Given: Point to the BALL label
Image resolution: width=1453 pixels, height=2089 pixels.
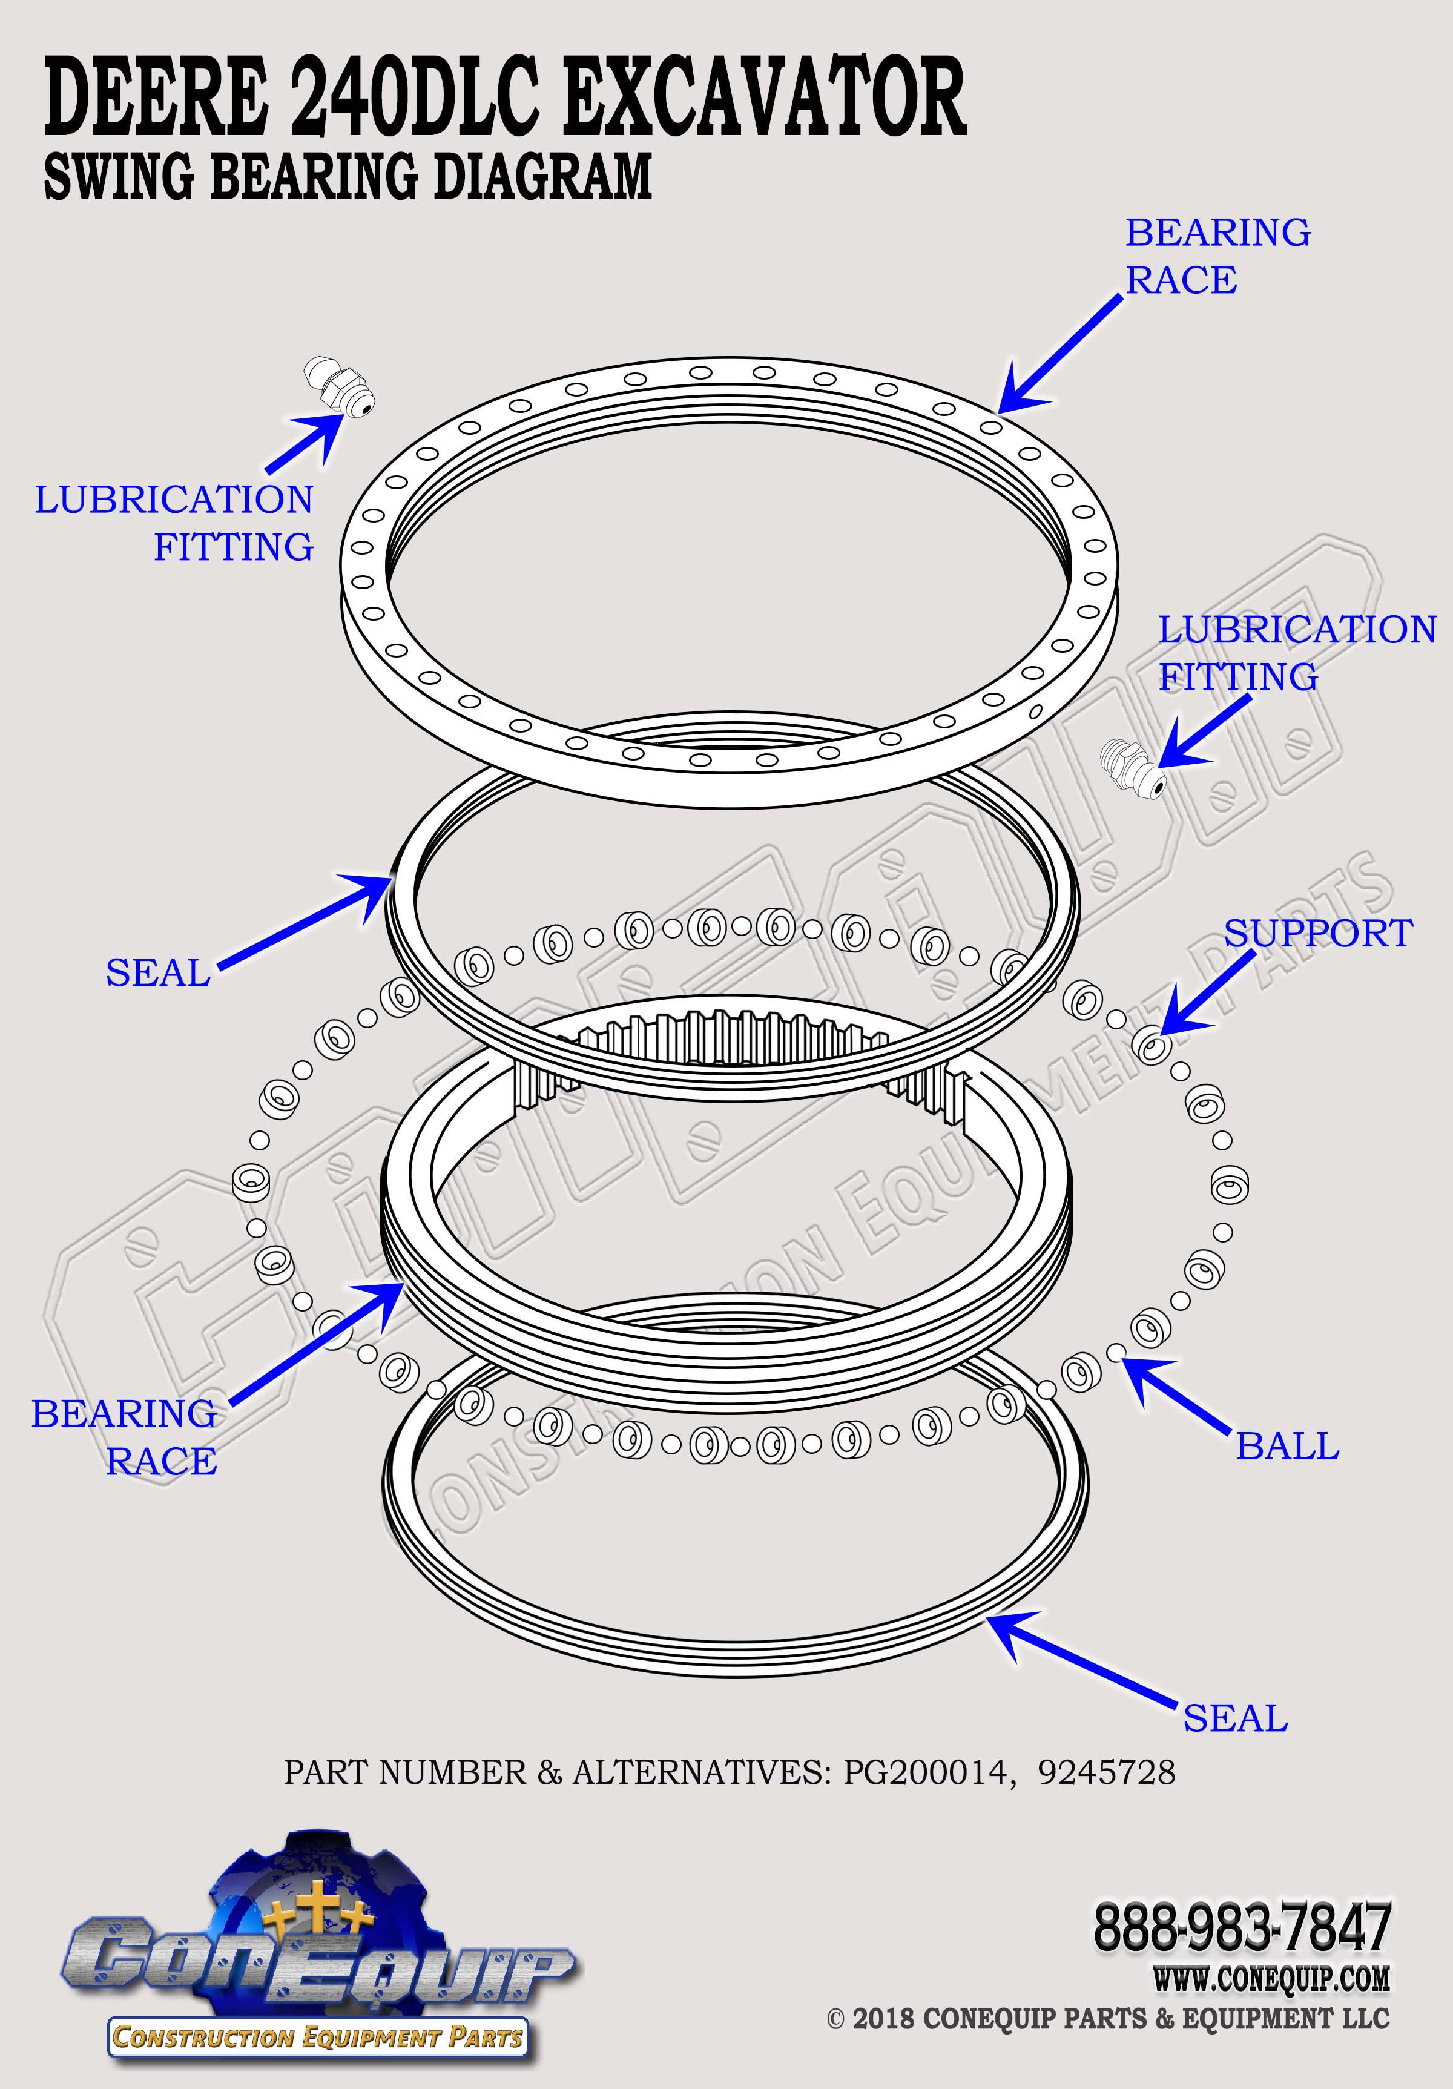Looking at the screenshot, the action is click(x=1287, y=1446).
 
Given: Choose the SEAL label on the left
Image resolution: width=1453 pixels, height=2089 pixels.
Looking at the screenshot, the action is click(x=158, y=972).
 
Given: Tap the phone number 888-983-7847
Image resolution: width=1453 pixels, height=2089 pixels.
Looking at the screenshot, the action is click(x=1242, y=1927).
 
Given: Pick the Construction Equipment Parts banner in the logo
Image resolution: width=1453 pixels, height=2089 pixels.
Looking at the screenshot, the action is click(x=317, y=2036).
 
